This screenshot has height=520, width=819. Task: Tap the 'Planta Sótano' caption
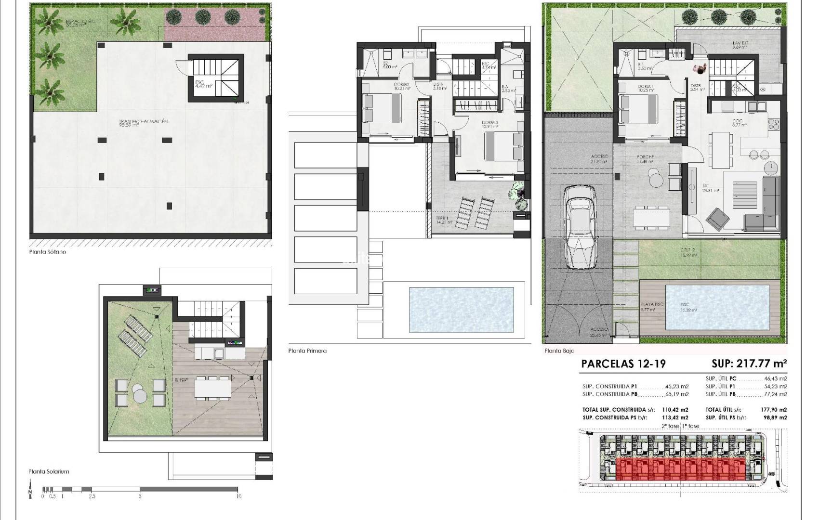[x=47, y=252]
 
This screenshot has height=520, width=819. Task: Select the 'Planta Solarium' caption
[x=49, y=471]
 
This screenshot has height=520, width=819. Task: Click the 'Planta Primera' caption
[x=307, y=351]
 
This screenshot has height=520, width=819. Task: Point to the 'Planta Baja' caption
[x=559, y=351]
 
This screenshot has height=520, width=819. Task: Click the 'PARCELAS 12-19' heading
[x=623, y=364]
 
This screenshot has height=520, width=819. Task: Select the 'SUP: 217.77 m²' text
[x=749, y=364]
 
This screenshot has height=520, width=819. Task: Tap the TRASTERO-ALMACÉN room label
[x=143, y=122]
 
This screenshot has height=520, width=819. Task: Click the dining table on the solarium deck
[x=212, y=387]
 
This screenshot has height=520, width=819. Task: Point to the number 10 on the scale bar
[x=238, y=496]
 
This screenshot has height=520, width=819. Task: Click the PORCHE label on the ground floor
[x=645, y=156]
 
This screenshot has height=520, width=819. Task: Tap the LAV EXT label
[x=740, y=43]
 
